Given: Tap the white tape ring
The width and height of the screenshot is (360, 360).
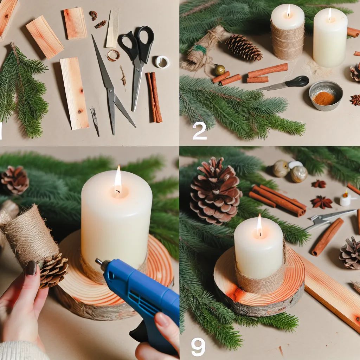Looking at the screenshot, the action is point(162,62).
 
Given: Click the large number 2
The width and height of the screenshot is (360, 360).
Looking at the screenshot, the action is point(200,130).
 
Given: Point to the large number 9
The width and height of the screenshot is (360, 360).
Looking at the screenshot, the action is point(198,347).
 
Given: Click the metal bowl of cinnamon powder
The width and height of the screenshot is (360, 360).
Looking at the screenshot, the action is point(326,96).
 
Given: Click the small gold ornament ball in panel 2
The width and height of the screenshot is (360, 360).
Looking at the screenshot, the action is point(220,70).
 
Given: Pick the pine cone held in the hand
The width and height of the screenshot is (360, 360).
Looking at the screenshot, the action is point(53,271).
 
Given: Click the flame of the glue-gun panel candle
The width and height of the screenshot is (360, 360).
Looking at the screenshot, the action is point(118,179).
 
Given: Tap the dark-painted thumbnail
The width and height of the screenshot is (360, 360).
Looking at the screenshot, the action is point(31,268).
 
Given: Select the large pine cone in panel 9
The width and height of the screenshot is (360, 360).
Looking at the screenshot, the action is point(215,192).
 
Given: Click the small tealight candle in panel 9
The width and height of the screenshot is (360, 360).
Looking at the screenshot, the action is point(345,199).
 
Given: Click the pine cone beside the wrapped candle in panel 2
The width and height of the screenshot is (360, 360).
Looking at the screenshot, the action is point(244,48).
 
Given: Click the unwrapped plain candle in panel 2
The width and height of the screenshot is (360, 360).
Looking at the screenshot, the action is point(330,38).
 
